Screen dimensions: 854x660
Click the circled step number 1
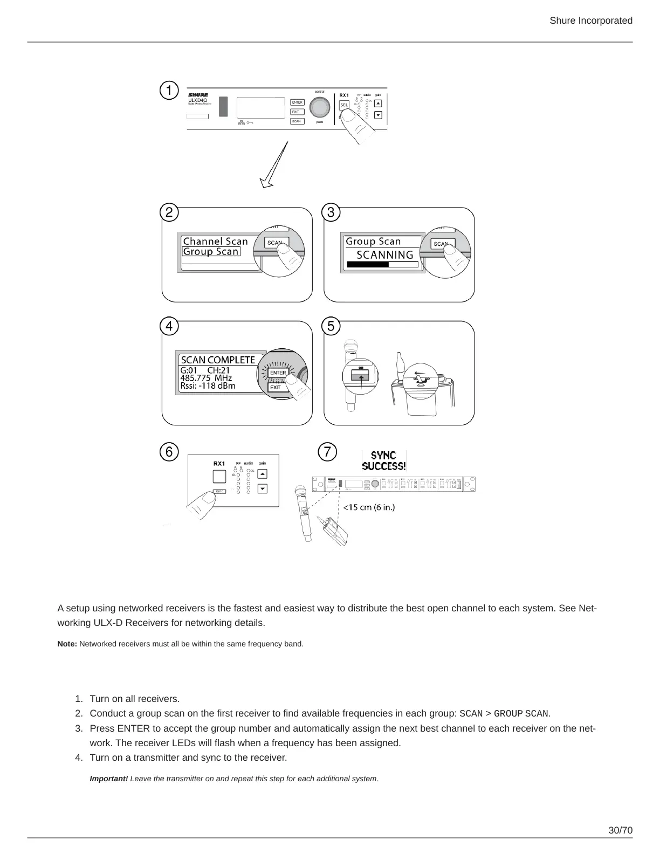(169, 91)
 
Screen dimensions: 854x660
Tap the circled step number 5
(331, 326)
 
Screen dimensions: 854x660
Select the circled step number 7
(327, 452)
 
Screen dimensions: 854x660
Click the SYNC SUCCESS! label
(384, 461)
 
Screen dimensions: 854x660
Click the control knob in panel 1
(320, 108)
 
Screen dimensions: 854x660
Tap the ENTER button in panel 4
(278, 373)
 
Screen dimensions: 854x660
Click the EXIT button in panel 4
(276, 387)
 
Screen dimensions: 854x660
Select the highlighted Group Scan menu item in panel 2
(211, 252)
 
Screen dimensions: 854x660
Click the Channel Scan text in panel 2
(215, 241)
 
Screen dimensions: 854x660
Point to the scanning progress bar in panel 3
(382, 265)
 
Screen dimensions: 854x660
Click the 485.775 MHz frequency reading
(206, 378)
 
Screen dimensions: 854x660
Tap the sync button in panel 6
(219, 491)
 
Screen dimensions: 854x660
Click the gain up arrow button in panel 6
(262, 474)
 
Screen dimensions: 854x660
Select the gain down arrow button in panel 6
(262, 489)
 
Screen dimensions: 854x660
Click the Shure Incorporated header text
(591, 20)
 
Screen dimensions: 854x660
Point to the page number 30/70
(620, 830)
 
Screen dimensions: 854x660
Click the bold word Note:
(67, 644)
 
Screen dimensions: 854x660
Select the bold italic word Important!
(108, 779)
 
